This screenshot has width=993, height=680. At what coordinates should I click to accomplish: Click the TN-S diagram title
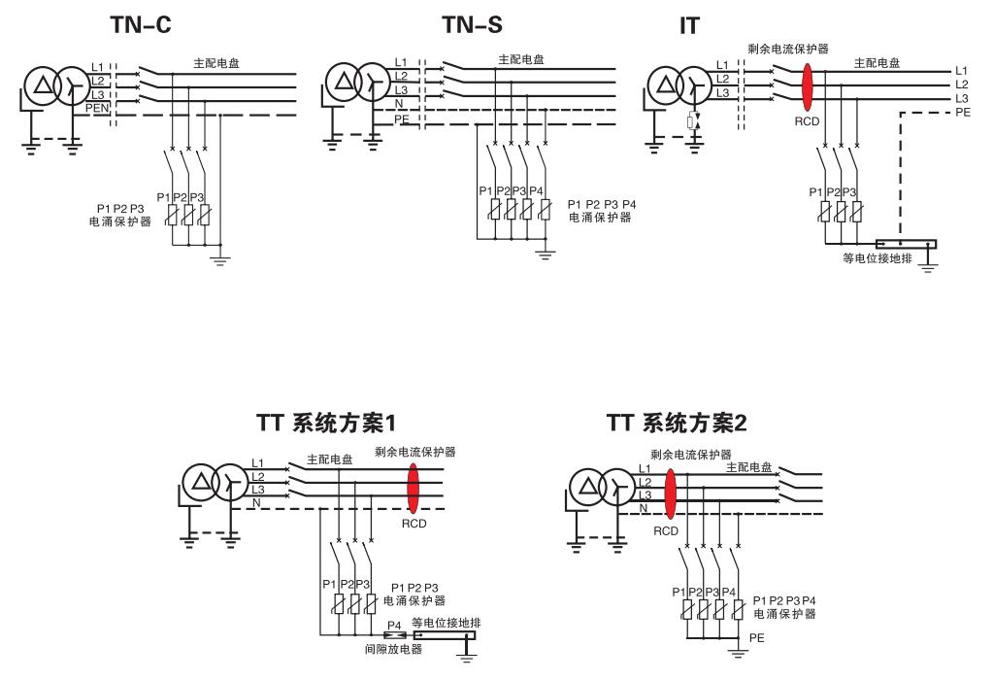click(x=473, y=26)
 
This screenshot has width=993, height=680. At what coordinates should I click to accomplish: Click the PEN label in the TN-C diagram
click(x=98, y=108)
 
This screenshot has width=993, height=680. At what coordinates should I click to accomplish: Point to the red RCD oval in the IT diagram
click(x=808, y=85)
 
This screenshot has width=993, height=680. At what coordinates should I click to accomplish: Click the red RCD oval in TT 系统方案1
click(x=414, y=489)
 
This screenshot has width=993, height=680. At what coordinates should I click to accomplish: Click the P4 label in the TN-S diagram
click(x=536, y=190)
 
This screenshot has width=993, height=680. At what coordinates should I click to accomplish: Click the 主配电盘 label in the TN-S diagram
click(x=521, y=59)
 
